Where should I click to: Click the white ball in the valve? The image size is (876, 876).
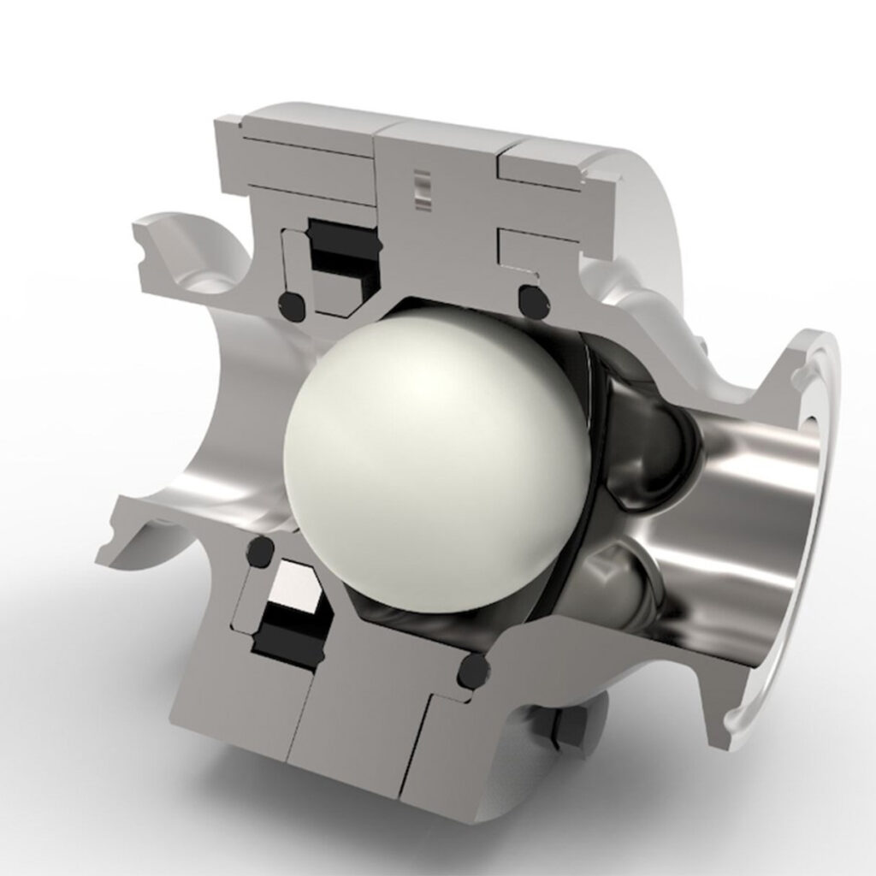coord(436,462)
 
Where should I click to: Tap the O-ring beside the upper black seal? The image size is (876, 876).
coord(292,304)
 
